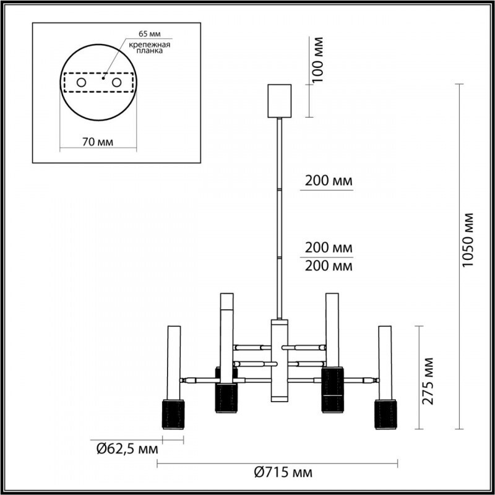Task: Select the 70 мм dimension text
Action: coord(97,142)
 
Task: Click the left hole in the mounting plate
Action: coord(81,82)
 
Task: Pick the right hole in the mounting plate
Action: coord(116,82)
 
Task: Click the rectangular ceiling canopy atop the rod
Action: coord(279,100)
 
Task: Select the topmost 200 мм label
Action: coord(329,181)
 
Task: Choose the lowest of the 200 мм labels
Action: coord(329,267)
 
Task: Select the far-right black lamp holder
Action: coord(385,413)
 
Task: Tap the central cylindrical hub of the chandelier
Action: coord(279,361)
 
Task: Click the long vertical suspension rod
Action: coord(280,217)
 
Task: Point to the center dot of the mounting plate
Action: coord(104,79)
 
